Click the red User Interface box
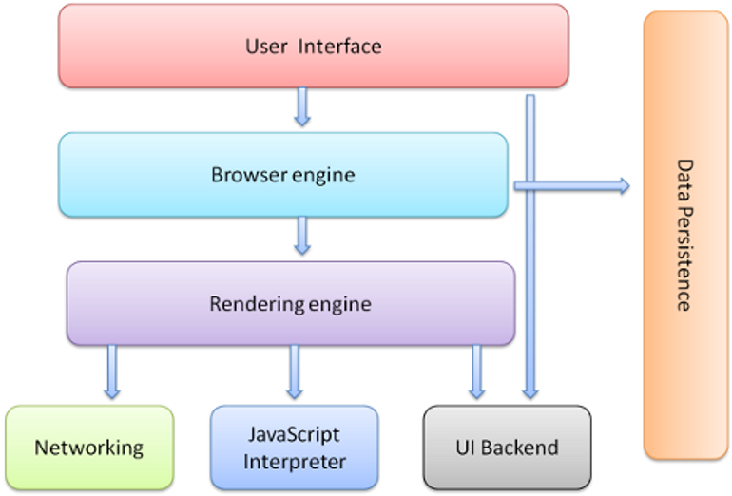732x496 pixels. click(314, 45)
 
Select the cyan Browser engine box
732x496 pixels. click(282, 174)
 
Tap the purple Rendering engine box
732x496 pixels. click(290, 304)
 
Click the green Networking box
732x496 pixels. click(89, 447)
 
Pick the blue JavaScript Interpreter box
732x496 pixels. click(294, 448)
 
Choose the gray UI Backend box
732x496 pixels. click(507, 447)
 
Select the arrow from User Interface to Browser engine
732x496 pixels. click(302, 106)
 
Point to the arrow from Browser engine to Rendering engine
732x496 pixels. click(302, 235)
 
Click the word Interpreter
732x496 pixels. click(294, 462)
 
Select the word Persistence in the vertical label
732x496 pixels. click(684, 258)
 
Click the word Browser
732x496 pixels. click(241, 175)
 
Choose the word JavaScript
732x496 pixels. click(294, 435)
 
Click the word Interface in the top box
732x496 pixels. click(341, 45)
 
